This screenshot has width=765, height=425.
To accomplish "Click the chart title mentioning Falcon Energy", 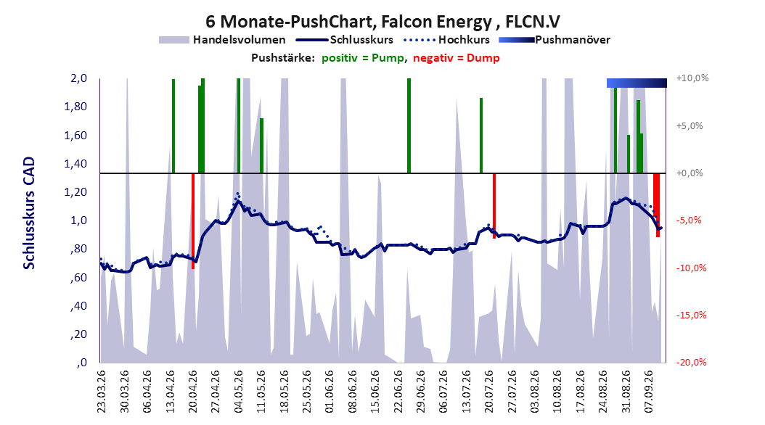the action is point(382,22).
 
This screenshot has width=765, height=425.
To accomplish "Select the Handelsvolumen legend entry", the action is point(223,40).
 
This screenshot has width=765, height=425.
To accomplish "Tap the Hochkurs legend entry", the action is point(446,40).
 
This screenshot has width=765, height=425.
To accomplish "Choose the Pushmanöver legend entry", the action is point(555,40).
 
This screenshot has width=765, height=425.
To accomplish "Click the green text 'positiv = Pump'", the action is point(363,58).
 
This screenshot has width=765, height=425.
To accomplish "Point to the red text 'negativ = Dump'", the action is point(457,58).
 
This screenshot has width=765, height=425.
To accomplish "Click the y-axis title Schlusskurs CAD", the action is point(29,213).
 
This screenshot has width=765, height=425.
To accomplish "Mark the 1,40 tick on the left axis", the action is point(75,164).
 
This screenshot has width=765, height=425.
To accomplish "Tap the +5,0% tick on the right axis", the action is point(690,125).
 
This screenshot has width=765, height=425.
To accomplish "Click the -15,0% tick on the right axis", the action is point(691,315).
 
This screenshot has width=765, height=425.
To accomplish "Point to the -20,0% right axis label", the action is point(691,362).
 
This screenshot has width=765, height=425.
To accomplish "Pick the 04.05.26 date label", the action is point(238,392).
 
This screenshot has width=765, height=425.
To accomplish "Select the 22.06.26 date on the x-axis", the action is point(398,392).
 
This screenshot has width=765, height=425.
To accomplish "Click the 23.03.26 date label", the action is point(101,392).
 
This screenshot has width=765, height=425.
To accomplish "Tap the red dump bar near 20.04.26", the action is point(193,220).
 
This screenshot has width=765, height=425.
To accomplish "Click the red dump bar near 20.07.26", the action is point(494,206).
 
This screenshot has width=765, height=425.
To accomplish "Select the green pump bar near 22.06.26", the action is point(409,125).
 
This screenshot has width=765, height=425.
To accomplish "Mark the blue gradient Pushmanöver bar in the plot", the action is point(637,83).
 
